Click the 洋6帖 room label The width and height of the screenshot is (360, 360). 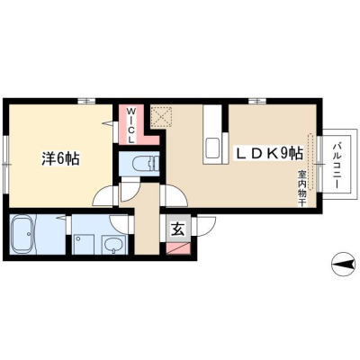(60, 158)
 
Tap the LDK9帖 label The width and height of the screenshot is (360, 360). (269, 154)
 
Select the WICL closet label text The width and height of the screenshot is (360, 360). (130, 125)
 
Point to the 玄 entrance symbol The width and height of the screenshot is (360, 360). (178, 229)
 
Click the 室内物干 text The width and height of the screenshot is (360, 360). (301, 188)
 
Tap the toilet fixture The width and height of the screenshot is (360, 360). (145, 164)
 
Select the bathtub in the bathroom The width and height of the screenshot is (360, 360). (23, 235)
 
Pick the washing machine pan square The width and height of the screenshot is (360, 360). (84, 244)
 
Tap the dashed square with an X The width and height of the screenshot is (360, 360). (161, 116)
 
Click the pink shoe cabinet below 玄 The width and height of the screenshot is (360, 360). (178, 248)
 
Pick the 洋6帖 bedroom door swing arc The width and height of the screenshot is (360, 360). (102, 195)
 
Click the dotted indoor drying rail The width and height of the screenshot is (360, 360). (311, 161)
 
